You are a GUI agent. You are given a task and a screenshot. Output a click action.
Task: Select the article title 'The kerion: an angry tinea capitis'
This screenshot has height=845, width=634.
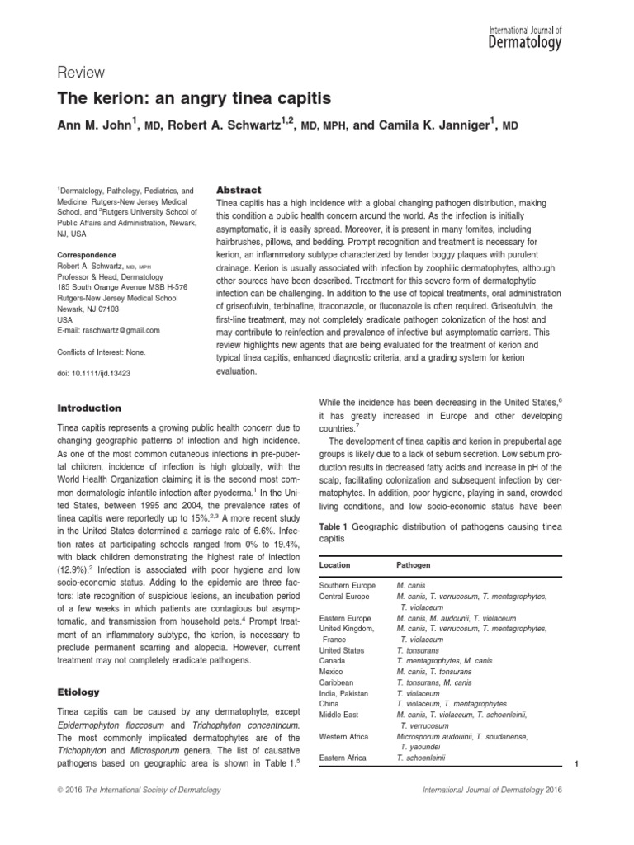[193, 99]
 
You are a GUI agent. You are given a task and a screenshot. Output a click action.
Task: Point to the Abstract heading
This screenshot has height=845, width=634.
[239, 189]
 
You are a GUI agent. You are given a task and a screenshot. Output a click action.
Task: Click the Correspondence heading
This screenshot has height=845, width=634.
[87, 255]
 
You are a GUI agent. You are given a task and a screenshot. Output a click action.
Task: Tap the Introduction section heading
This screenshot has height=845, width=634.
[88, 408]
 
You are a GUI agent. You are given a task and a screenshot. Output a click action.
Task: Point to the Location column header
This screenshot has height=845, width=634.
[334, 565]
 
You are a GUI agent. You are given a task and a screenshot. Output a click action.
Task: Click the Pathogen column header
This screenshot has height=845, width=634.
[414, 565]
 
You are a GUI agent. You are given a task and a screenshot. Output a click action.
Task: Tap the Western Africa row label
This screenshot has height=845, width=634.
[345, 735]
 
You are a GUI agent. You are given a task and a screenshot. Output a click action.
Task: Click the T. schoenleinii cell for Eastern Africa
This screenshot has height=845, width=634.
[421, 757]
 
